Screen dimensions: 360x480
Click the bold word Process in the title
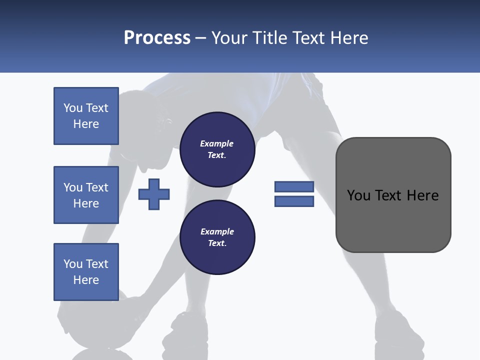pos(157,38)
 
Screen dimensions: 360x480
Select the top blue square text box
pos(86,116)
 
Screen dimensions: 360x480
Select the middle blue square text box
pos(86,195)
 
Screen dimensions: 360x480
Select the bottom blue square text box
pos(86,272)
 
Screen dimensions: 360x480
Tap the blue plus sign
pos(154,194)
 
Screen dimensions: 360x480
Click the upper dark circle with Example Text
pos(217,149)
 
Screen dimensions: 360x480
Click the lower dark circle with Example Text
pos(217,237)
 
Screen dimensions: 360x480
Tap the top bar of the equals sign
pos(294,187)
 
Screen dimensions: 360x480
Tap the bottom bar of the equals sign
pos(294,201)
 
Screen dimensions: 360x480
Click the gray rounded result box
pos(393,220)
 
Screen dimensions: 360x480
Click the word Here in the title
pos(349,38)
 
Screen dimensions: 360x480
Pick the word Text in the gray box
pos(388,195)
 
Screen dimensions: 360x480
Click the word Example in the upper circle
pos(216,143)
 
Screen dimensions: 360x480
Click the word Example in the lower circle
pos(217,231)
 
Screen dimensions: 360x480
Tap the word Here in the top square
pos(86,124)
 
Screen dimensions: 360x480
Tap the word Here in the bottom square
pos(86,280)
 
